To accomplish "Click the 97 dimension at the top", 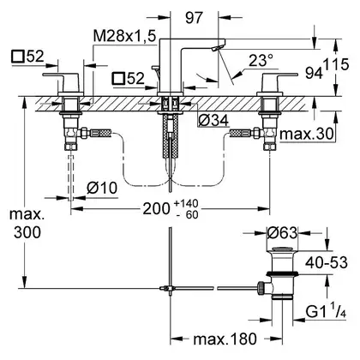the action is click(x=194, y=18).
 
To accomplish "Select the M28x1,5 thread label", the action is click(x=124, y=36).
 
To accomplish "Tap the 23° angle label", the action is click(x=261, y=60).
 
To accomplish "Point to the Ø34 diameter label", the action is click(x=213, y=121).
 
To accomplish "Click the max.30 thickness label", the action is click(x=307, y=134).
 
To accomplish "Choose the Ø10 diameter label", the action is click(x=102, y=189).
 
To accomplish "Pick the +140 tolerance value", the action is click(x=186, y=204).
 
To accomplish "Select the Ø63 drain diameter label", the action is click(x=282, y=233).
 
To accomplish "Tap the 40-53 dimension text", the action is click(x=327, y=262).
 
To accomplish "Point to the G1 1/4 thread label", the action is click(x=326, y=312).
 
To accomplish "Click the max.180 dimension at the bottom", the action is click(x=225, y=339).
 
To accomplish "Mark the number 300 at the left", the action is click(x=27, y=232).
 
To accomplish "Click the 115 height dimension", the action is click(x=337, y=65).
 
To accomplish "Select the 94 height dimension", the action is click(x=314, y=73).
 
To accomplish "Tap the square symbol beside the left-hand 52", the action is click(x=17, y=57).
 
